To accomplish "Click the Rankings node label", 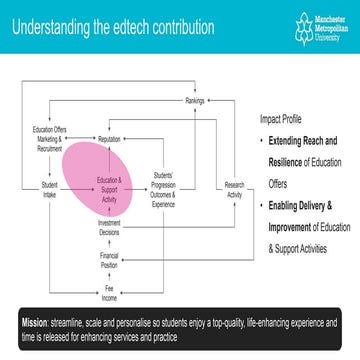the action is (195, 102).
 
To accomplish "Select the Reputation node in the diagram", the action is (110, 139).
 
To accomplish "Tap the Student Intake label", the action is (49, 186).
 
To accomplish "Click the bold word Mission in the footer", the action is (38, 324).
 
